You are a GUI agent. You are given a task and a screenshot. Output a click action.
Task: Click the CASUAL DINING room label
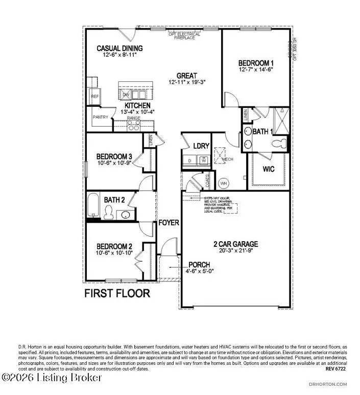click(119, 49)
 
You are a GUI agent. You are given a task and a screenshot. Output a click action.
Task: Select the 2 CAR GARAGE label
click(236, 244)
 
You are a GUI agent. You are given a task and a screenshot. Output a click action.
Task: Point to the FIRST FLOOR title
click(117, 293)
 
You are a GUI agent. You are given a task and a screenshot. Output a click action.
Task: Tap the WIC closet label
click(269, 168)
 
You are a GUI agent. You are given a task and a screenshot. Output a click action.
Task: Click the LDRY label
click(201, 146)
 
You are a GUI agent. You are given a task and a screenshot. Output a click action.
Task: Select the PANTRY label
click(99, 117)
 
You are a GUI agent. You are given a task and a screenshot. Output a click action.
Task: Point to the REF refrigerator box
click(95, 96)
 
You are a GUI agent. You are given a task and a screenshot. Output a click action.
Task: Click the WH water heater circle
click(223, 183)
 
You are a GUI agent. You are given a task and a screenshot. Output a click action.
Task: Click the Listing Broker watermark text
click(52, 378)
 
